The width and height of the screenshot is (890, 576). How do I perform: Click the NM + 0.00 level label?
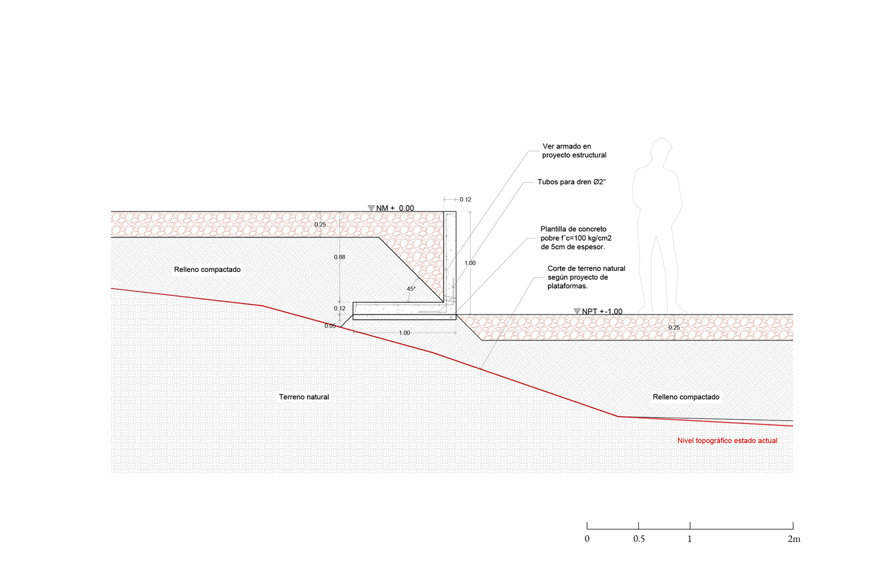(395, 209)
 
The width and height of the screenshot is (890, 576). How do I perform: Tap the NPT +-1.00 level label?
(602, 312)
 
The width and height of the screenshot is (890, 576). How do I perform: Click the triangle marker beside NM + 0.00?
(372, 208)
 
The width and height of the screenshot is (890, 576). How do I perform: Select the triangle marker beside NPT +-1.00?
(577, 311)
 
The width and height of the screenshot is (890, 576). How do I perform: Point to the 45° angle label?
(411, 289)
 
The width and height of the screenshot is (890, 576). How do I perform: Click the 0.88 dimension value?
(340, 257)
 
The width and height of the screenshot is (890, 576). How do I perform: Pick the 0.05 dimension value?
(330, 326)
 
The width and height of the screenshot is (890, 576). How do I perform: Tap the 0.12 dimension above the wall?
(465, 200)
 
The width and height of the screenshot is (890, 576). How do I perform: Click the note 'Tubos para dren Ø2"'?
(571, 182)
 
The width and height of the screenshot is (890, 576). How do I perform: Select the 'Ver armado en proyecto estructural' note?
(574, 151)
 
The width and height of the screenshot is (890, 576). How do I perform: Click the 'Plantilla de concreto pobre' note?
(575, 238)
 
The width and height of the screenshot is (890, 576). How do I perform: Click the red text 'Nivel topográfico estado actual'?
(727, 441)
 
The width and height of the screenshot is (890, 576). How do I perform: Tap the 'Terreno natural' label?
(304, 397)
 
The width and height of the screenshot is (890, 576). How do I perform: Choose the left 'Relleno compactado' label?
(207, 270)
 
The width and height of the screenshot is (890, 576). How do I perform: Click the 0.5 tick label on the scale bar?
(639, 539)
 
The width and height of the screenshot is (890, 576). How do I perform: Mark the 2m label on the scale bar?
(794, 539)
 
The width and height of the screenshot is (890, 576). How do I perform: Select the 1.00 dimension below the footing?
(404, 333)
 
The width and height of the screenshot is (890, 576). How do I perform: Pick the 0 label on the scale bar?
(587, 539)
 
